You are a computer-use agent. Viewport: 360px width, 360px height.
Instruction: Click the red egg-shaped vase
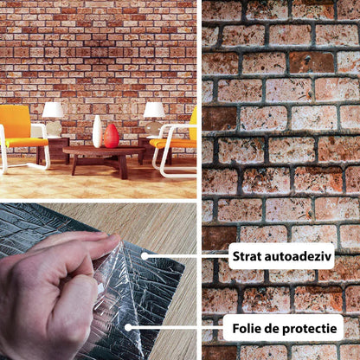[112, 136]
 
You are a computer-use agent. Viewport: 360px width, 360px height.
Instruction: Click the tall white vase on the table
[97, 132]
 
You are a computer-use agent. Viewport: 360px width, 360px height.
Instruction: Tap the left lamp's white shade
[53, 110]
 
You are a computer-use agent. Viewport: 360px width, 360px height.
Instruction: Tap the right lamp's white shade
[154, 110]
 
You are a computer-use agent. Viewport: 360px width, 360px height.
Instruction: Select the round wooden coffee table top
[104, 151]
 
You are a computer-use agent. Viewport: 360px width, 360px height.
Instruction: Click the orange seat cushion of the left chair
[26, 142]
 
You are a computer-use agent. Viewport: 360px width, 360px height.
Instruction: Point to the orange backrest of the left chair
[15, 121]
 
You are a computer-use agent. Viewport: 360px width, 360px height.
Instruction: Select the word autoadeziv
[299, 256]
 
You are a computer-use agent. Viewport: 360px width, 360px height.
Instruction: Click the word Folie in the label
[246, 329]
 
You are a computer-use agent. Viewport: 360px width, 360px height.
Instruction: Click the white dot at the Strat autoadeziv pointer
[145, 256]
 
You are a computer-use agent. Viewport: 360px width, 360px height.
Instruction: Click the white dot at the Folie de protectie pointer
[128, 327]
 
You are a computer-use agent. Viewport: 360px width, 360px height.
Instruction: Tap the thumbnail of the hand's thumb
[114, 238]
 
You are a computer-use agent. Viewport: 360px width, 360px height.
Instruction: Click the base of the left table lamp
[54, 128]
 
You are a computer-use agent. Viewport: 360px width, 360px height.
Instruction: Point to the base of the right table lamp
[153, 128]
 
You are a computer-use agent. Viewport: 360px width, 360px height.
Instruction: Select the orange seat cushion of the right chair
[173, 144]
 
